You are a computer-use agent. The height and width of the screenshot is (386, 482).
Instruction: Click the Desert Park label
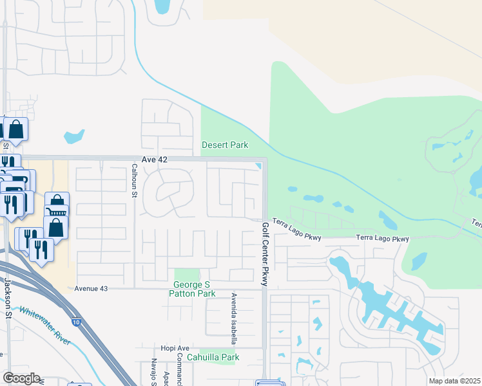tap(225, 145)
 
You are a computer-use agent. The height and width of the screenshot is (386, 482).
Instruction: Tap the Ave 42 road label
tap(154, 159)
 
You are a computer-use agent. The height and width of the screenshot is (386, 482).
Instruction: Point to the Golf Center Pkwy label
tap(264, 254)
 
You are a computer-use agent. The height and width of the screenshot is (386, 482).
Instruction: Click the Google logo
tap(21, 378)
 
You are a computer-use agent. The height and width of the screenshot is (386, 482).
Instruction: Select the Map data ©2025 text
tap(454, 381)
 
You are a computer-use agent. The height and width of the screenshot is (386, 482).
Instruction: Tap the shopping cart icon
tap(57, 212)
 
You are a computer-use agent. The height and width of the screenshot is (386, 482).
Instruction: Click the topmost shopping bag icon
tap(15, 129)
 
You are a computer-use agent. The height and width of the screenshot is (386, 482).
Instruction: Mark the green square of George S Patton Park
tap(187, 275)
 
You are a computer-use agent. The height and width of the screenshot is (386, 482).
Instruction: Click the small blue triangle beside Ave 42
tap(258, 167)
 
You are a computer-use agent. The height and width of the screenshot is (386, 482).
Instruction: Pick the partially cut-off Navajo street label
tap(155, 372)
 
